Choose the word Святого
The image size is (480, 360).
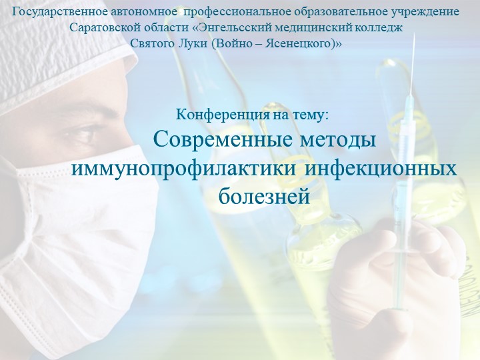[x=150, y=43]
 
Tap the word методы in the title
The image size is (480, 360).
[x=335, y=141]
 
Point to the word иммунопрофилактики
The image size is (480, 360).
[x=183, y=168]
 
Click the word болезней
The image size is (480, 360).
[x=265, y=195]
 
